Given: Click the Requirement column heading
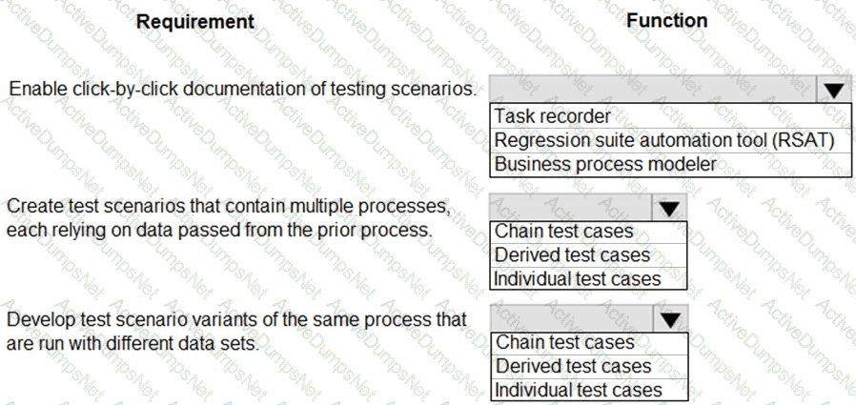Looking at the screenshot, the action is click(x=194, y=21).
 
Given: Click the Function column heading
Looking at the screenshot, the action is click(x=666, y=20).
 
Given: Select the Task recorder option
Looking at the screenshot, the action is click(x=553, y=116).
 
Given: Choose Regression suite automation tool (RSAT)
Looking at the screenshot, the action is click(x=665, y=140).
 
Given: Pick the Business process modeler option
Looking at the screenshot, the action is click(x=605, y=164).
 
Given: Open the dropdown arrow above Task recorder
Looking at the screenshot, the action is click(x=834, y=90).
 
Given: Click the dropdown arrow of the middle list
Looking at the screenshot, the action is click(x=669, y=208).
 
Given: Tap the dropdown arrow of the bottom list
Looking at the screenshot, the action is click(x=670, y=319).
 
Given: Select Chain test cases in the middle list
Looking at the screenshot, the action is click(x=564, y=232).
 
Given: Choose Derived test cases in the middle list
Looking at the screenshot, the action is click(x=572, y=254).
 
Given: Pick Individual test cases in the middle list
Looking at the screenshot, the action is click(x=577, y=279).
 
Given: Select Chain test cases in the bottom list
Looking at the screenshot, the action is click(x=565, y=342).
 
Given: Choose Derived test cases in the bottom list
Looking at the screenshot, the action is click(x=573, y=366).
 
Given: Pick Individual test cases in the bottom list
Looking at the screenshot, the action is click(x=578, y=390).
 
